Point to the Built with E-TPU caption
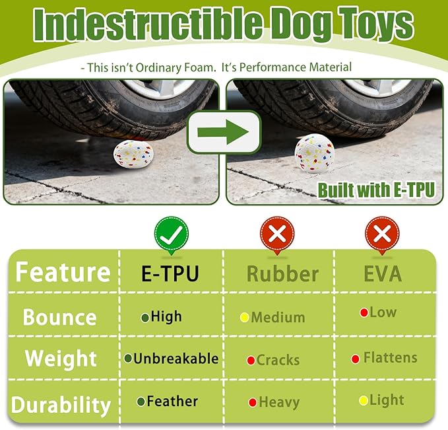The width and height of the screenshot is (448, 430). [x=377, y=190]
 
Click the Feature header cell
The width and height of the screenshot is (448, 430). [x=63, y=272]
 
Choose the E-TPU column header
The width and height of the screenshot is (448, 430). [x=170, y=273]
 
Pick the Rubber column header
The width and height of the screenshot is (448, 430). [x=282, y=273]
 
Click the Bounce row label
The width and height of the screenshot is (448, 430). [x=59, y=317]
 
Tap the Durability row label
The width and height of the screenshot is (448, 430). [x=60, y=404]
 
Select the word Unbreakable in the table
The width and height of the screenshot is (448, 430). [x=176, y=359]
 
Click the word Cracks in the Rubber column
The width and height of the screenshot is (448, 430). [x=278, y=360]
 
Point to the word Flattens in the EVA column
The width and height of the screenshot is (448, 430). [x=390, y=358]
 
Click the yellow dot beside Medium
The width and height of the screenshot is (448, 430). [x=244, y=318]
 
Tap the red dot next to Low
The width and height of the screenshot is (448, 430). [x=364, y=312]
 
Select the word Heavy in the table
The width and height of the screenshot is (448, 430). [x=279, y=402]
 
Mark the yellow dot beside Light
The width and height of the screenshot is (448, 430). [x=363, y=400]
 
